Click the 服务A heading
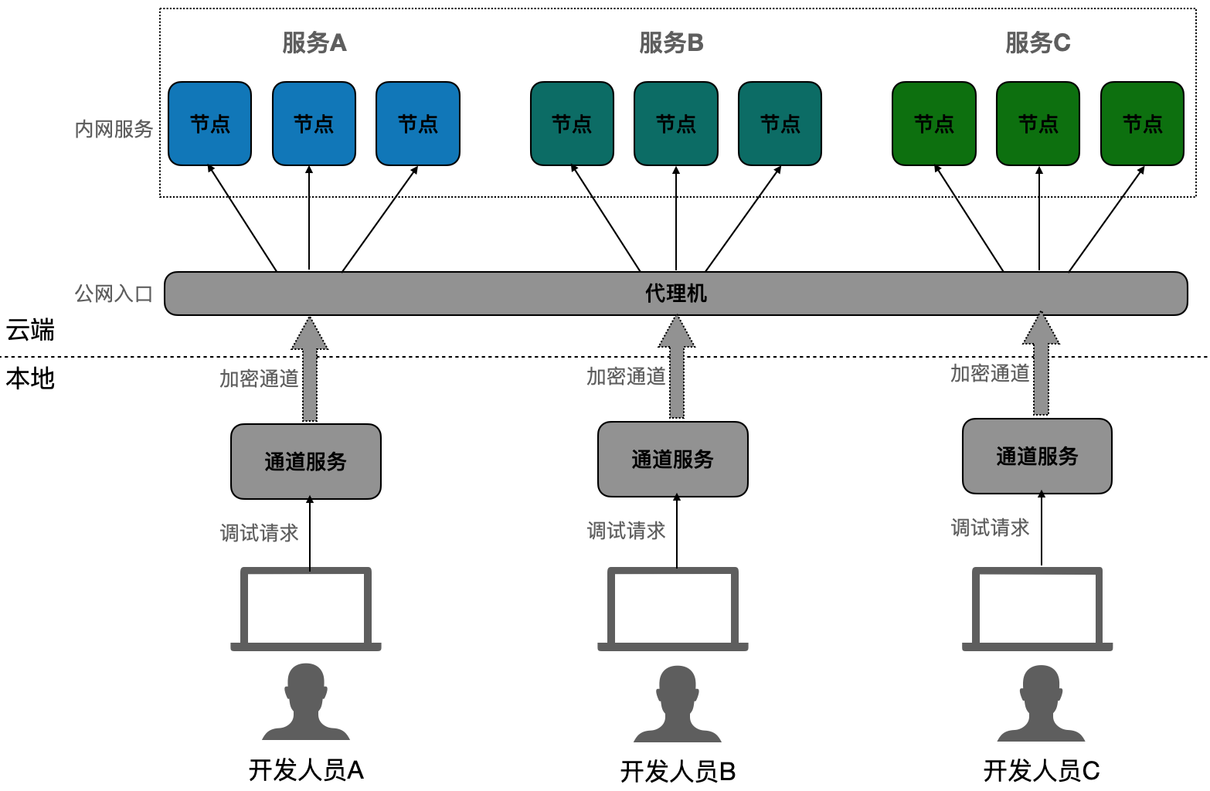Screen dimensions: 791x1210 point(314,43)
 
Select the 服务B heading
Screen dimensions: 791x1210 point(671,43)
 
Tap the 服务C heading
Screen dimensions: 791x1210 point(1037,43)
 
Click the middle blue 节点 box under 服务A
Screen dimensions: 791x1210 point(314,124)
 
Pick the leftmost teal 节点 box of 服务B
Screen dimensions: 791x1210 point(572,124)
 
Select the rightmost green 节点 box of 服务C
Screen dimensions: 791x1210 point(1142,124)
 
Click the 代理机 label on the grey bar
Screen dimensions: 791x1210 point(676,294)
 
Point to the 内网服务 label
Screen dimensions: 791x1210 point(114,129)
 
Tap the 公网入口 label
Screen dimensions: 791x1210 point(114,294)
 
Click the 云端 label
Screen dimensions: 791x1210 point(30,331)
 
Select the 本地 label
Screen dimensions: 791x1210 point(30,379)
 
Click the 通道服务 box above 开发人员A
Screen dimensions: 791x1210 point(306,461)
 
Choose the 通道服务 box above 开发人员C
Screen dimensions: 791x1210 point(1037,457)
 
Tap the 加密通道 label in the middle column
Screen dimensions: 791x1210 point(626,376)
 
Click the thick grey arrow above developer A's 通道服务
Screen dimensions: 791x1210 point(310,371)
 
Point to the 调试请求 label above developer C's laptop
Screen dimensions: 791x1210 point(990,528)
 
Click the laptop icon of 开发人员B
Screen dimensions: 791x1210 point(673,609)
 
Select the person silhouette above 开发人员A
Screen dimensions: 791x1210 point(306,701)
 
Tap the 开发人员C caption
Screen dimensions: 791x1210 point(1041,771)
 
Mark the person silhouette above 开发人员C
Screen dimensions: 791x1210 point(1041,703)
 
